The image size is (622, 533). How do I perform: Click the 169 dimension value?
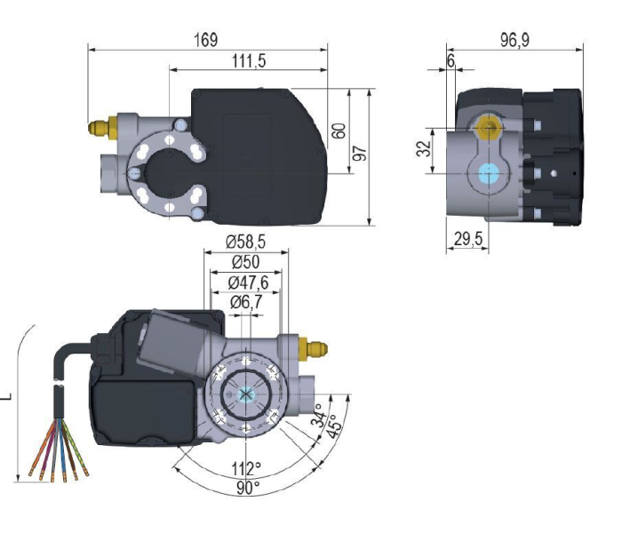click(x=206, y=41)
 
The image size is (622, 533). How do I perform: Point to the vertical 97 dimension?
click(x=360, y=153)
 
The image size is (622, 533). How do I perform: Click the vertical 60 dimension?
click(x=339, y=130)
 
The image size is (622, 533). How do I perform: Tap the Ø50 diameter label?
click(x=246, y=262)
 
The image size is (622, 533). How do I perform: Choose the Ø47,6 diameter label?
click(x=248, y=282)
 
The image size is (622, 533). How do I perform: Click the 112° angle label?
click(x=247, y=468)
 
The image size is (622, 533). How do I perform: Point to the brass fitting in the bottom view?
click(x=315, y=346)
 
